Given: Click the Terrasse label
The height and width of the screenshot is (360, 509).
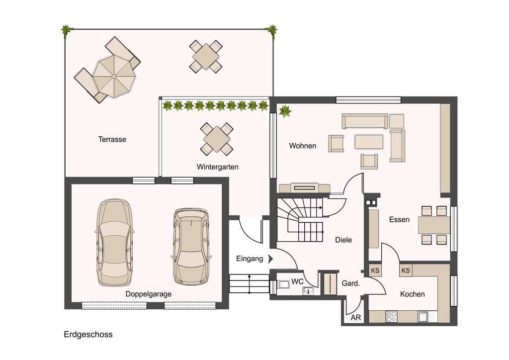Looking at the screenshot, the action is (x=112, y=139).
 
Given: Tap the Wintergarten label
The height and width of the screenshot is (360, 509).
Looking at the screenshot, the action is (x=218, y=167).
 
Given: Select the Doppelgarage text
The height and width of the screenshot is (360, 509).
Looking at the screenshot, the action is (x=148, y=294).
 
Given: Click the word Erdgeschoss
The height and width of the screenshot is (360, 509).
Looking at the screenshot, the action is (x=88, y=334).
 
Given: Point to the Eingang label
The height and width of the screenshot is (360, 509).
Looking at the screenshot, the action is (x=250, y=259).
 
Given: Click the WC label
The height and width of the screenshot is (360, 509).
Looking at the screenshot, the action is (x=297, y=281).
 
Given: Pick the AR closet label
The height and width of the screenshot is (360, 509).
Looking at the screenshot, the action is (x=356, y=317).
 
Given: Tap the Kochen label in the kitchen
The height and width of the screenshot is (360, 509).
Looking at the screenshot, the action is (x=412, y=294).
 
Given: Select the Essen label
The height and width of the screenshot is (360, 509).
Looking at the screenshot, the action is (x=399, y=220).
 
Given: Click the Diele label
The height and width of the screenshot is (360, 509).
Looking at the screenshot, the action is (x=343, y=240).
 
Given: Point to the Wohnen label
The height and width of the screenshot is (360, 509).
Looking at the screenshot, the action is (x=303, y=146).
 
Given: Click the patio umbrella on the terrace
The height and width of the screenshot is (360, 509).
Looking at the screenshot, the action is (x=114, y=76).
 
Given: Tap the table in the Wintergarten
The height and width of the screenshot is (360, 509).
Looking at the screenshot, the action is (x=217, y=139).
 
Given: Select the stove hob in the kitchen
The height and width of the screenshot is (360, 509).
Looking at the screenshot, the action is (x=391, y=317).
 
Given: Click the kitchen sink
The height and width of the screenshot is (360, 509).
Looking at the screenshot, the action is (x=423, y=317).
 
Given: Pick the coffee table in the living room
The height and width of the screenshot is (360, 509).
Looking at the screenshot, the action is (x=369, y=142).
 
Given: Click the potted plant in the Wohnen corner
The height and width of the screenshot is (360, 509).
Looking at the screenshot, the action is (x=285, y=111).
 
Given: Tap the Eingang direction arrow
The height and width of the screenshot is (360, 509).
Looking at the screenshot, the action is (x=270, y=259).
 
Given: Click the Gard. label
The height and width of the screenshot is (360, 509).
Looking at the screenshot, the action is (x=350, y=283).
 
